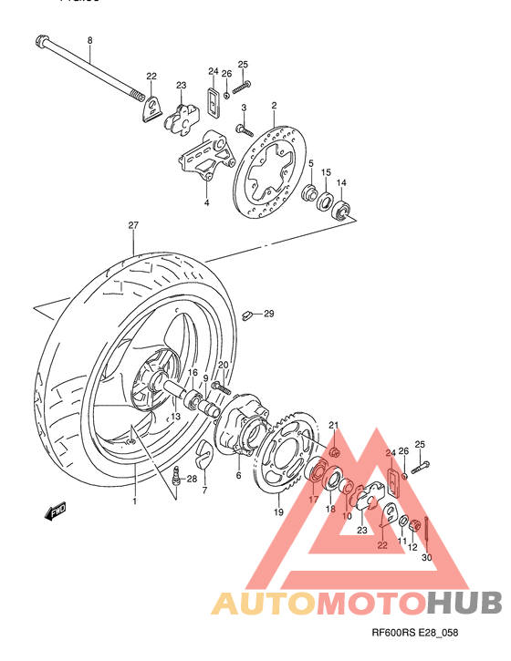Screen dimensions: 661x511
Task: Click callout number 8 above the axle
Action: tap(89, 40)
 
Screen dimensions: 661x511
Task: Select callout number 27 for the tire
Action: tap(132, 224)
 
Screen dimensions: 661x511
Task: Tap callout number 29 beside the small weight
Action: tap(268, 315)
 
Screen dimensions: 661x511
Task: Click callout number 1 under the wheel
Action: tap(133, 501)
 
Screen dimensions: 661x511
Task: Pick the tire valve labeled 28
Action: tap(177, 476)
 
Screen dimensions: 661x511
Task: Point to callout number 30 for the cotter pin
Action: tap(427, 558)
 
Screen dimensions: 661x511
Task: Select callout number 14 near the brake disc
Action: tap(341, 183)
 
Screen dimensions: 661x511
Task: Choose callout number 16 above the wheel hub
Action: tap(193, 373)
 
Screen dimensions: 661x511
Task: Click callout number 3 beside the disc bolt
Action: tap(244, 108)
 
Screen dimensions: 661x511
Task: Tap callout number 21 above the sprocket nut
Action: tap(334, 425)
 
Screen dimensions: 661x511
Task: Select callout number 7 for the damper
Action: tap(204, 490)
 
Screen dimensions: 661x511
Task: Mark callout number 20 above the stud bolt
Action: tap(223, 366)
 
